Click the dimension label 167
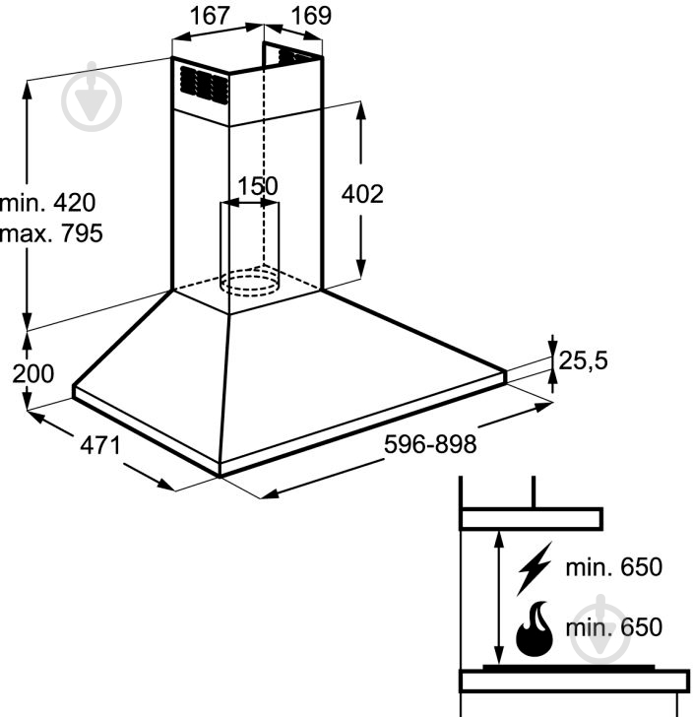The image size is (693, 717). [210, 16]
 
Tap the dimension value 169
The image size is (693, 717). [311, 16]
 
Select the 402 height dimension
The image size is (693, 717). [362, 194]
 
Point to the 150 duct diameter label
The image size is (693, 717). [258, 186]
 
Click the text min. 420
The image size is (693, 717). [48, 203]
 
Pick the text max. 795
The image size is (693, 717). [51, 233]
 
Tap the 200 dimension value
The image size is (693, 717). [32, 373]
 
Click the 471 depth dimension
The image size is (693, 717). [100, 445]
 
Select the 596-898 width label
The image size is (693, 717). [430, 444]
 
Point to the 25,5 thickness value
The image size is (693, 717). [584, 360]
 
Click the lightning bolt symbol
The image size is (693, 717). [534, 568]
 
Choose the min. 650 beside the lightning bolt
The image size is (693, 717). [614, 567]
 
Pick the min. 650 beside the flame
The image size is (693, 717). [614, 627]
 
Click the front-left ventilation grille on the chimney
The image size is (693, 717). [204, 85]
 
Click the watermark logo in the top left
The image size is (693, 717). [92, 97]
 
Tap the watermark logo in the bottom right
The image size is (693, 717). [600, 629]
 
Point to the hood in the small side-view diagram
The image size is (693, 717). [531, 519]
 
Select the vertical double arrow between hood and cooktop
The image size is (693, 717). [499, 598]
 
